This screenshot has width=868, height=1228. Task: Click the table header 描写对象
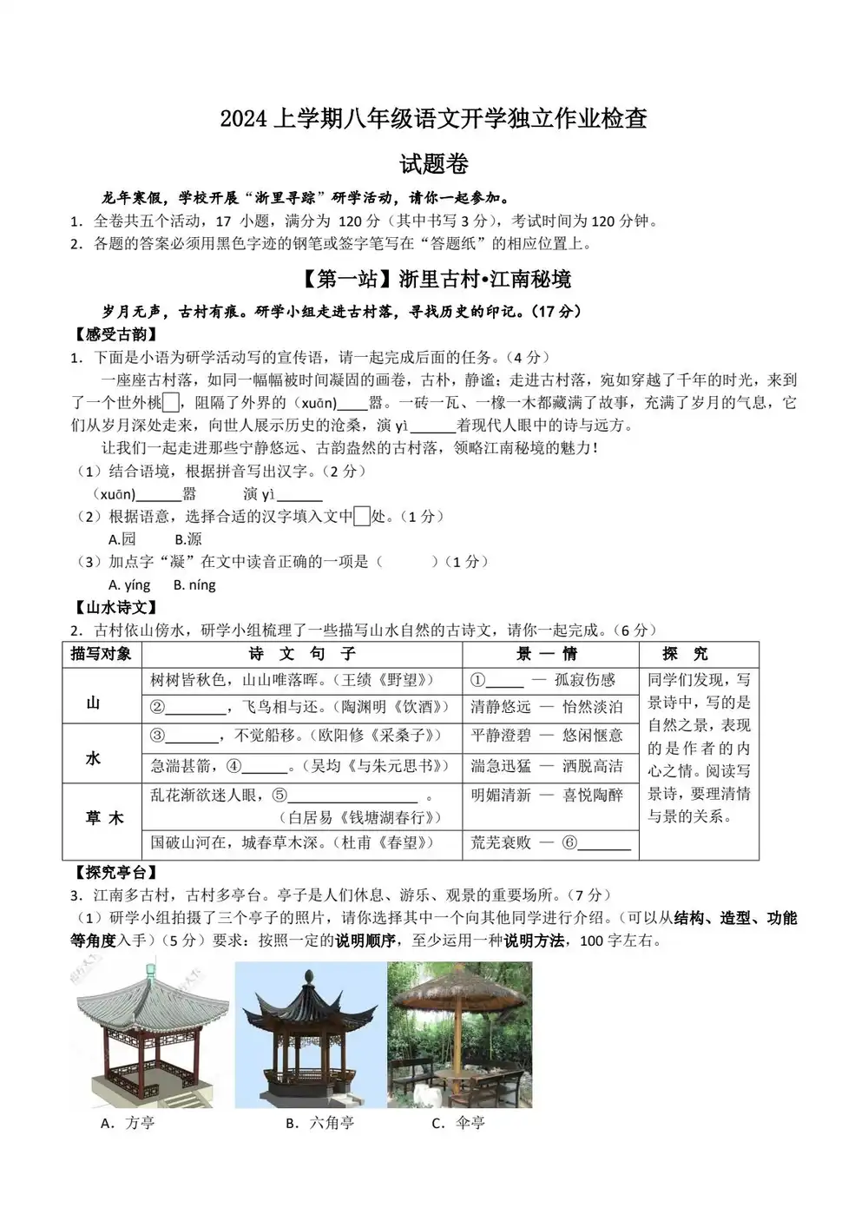coord(102,654)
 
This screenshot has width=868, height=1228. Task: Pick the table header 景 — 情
coord(548,654)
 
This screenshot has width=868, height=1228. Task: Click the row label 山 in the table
coord(94,703)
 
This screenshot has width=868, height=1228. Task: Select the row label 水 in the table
coord(94,758)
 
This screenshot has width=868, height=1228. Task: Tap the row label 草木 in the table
coord(104,818)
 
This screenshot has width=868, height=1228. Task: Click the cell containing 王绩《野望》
coord(293,680)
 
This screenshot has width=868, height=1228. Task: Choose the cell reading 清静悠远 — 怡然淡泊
coord(547,708)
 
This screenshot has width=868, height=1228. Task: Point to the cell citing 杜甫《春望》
coord(293,842)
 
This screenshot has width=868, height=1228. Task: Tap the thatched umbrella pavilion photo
coord(459,1033)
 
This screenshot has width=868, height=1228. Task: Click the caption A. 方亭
coord(128,1123)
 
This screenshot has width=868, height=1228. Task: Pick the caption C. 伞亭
coord(458,1123)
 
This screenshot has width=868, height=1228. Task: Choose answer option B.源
coord(187,539)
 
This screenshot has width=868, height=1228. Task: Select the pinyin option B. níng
coord(194,584)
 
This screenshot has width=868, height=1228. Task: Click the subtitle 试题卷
coord(434,163)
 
